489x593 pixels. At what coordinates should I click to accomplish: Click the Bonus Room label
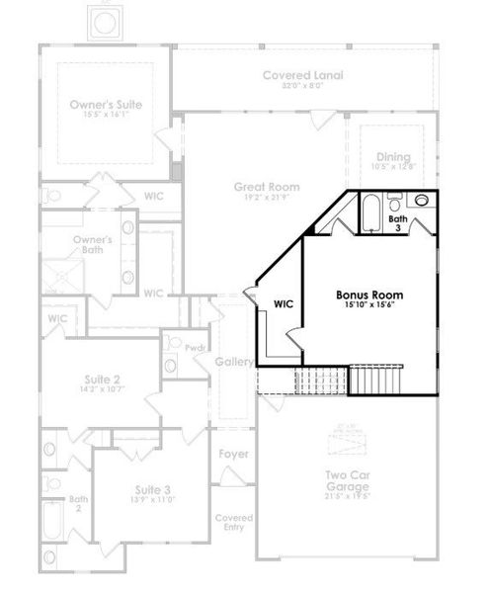pyautogui.click(x=369, y=295)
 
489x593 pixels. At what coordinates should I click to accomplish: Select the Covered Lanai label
pyautogui.click(x=302, y=75)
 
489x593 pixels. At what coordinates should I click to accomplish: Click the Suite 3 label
pyautogui.click(x=153, y=489)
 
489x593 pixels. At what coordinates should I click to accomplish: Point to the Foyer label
pyautogui.click(x=234, y=455)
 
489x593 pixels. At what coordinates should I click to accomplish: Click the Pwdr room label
pyautogui.click(x=196, y=347)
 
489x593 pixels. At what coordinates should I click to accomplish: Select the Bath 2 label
pyautogui.click(x=74, y=504)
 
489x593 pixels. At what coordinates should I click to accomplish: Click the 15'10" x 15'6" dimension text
pyautogui.click(x=369, y=306)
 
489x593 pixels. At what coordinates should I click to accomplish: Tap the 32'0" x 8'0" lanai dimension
pyautogui.click(x=302, y=87)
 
